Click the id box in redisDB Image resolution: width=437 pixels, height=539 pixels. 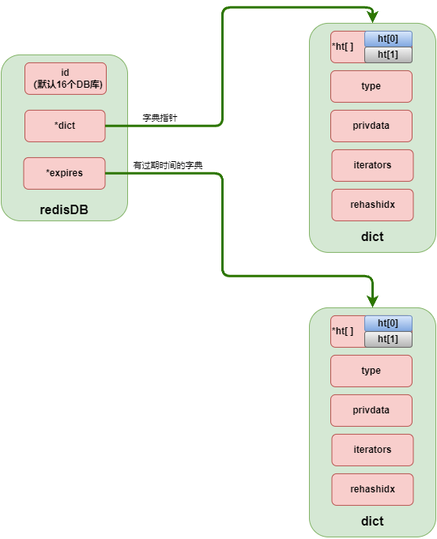[x=65, y=78]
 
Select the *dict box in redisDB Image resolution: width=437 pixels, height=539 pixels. [x=65, y=126]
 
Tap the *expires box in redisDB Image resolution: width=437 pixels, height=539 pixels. [x=64, y=173]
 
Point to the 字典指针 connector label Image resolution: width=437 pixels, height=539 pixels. [x=160, y=118]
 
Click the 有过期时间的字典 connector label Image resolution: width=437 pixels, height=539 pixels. [x=168, y=165]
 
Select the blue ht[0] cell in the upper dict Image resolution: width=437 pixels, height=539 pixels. [x=388, y=40]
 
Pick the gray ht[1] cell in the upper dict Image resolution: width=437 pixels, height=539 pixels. [x=388, y=55]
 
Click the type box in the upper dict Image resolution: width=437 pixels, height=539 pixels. [x=371, y=86]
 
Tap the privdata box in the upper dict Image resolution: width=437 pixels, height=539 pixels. [x=371, y=126]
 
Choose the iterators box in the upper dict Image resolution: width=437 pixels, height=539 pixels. [x=372, y=165]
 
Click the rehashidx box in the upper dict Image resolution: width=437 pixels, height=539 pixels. [x=372, y=205]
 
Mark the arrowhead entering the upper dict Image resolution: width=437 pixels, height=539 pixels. [x=372, y=17]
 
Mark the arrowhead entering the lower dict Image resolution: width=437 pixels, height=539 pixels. [x=372, y=301]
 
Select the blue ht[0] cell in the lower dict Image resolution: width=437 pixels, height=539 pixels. [x=388, y=324]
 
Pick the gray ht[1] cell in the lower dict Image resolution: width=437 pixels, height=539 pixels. [x=388, y=339]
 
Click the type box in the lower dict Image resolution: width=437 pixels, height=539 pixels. [x=371, y=371]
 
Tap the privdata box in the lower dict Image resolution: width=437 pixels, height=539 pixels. [x=371, y=410]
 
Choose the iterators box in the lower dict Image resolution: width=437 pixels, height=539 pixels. [x=372, y=450]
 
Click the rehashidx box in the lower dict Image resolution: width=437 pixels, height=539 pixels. [x=372, y=489]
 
